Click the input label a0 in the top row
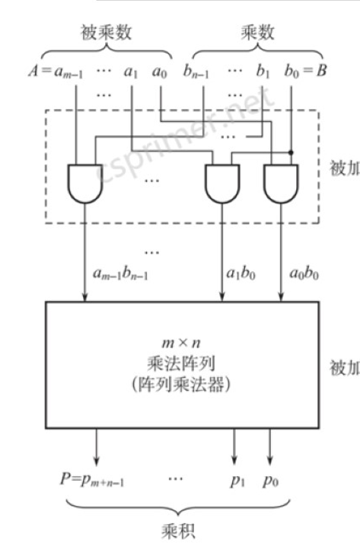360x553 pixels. click(160, 74)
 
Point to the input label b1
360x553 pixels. click(263, 74)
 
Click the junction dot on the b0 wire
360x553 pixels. click(292, 151)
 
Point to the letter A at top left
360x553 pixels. click(33, 73)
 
